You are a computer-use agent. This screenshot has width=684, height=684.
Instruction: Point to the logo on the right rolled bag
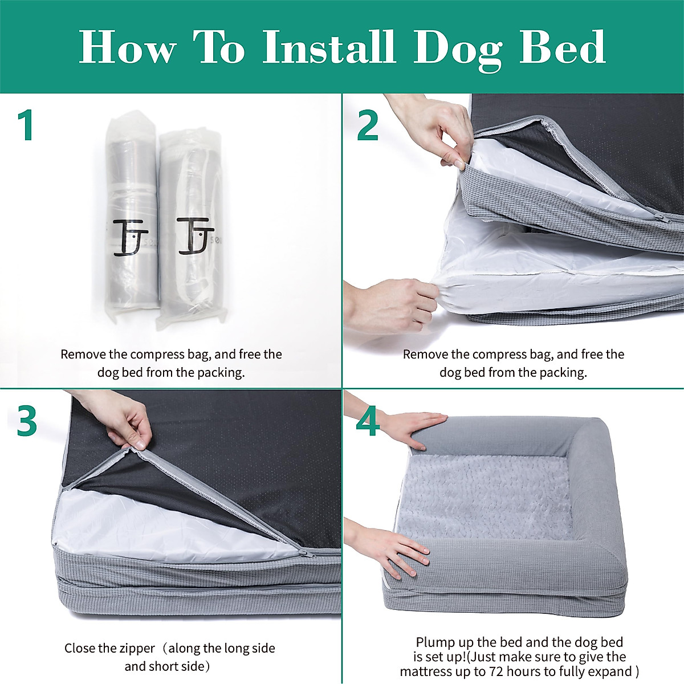click(x=195, y=235)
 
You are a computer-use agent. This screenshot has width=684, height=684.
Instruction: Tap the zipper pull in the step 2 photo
click(x=661, y=217)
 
